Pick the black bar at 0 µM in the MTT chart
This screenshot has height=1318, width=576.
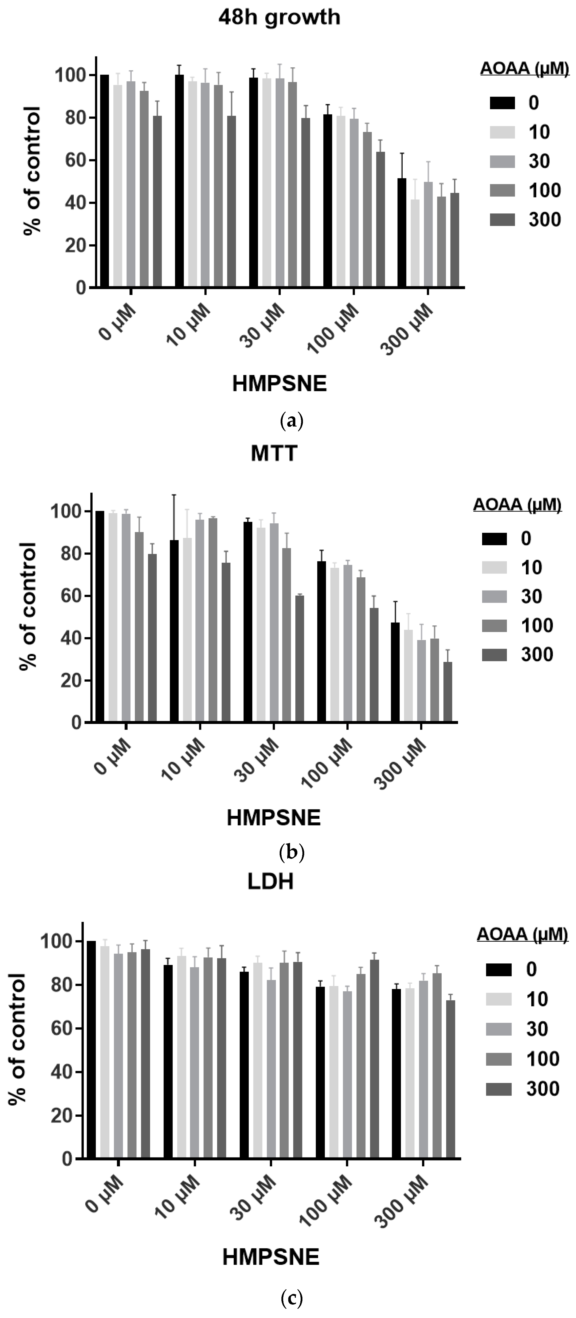click(100, 617)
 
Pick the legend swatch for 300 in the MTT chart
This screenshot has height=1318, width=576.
click(494, 654)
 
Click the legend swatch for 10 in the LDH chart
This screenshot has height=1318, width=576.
click(498, 999)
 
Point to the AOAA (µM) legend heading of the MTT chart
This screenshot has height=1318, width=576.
click(517, 505)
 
